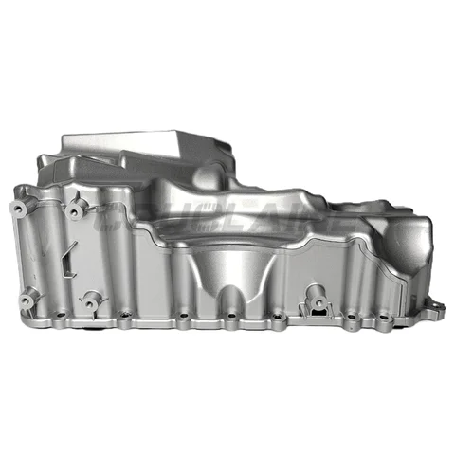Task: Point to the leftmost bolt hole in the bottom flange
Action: tap(60, 315)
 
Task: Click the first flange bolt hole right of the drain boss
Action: tap(352, 316)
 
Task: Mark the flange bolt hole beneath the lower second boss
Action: tap(123, 316)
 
